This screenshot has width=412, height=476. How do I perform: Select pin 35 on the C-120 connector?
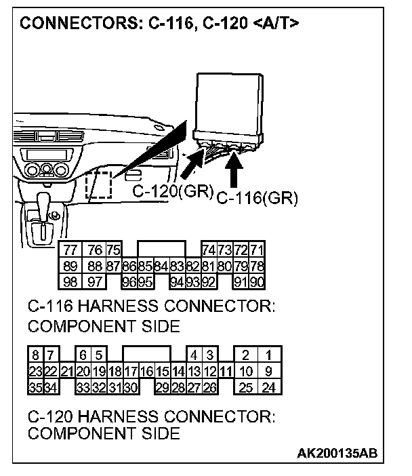pos(35,387)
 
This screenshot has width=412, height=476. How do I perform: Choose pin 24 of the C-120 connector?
pos(269,387)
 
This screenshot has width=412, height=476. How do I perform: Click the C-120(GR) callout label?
pos(173,192)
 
